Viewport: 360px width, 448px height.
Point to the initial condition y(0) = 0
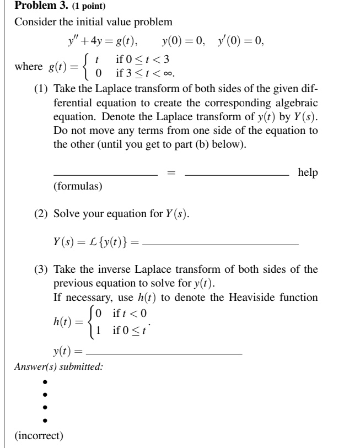tap(184, 42)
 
